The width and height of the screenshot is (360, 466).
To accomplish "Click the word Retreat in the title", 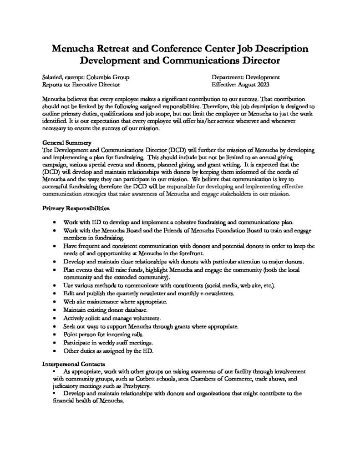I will (x=115, y=49).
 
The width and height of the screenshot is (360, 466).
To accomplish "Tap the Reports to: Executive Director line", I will (x=81, y=85).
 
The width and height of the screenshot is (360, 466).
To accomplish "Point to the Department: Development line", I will (x=246, y=77).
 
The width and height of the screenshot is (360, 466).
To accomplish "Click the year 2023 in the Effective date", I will (x=262, y=85).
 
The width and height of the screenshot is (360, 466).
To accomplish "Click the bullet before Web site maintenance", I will (x=55, y=302).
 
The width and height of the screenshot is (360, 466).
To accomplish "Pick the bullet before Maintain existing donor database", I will (x=55, y=310).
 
